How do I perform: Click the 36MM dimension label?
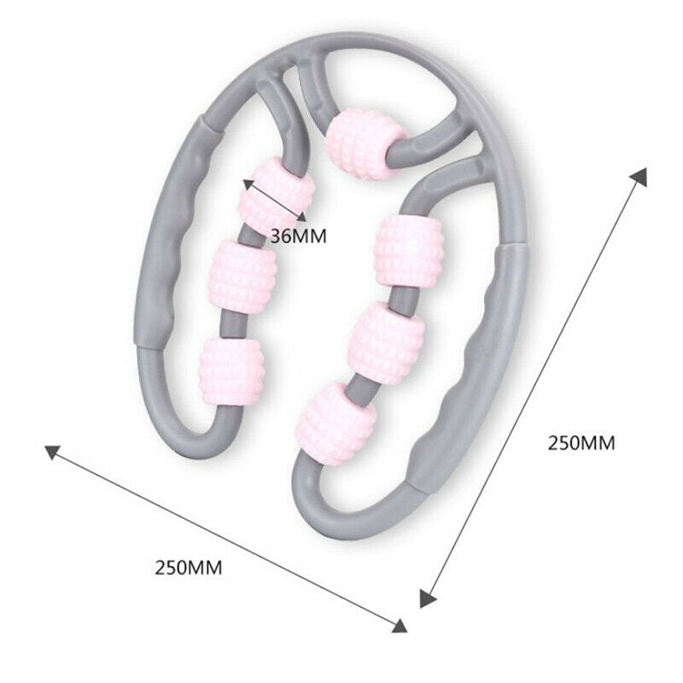pos(298,236)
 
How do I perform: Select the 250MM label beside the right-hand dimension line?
pos(581,443)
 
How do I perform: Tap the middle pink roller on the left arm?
pos(243,277)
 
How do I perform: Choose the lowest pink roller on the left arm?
pos(231,371)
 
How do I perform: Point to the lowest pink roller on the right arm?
pos(336,423)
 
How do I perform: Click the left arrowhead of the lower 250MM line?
pos(51,452)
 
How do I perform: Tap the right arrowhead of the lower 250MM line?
pos(400,626)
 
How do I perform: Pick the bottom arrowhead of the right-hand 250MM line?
pos(428,597)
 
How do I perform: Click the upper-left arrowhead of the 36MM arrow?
pos(248,184)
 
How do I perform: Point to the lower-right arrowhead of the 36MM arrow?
pos(301,217)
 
